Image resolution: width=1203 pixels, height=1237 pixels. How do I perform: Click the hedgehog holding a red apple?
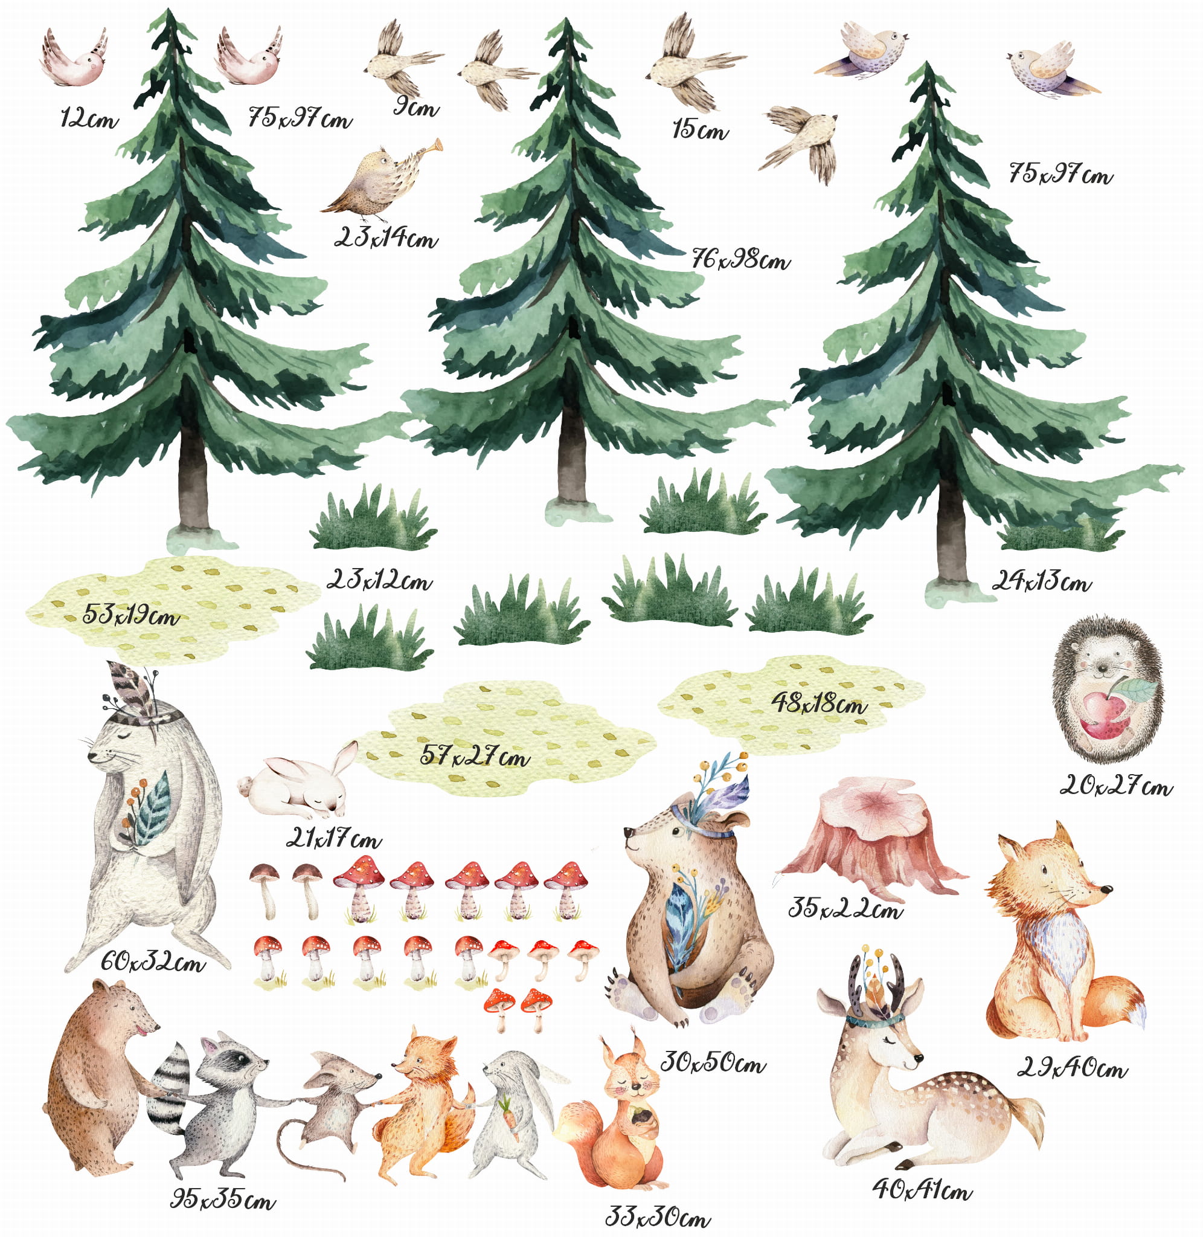click(x=1107, y=690)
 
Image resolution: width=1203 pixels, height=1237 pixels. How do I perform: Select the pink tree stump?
click(x=870, y=838)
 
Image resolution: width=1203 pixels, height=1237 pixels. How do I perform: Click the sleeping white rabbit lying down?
click(x=297, y=781)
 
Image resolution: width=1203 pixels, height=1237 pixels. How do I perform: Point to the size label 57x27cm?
click(x=475, y=756)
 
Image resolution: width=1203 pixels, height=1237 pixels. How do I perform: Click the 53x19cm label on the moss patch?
click(x=131, y=614)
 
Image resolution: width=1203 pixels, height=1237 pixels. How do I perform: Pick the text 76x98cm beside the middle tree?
click(x=740, y=259)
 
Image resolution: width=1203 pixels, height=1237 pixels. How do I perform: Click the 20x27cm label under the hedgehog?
click(x=1116, y=786)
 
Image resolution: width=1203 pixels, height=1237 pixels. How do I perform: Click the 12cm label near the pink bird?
click(x=89, y=118)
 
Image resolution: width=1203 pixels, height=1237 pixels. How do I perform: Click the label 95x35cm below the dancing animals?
click(x=223, y=1199)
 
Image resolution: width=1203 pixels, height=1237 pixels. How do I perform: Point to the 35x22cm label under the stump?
click(x=845, y=908)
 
